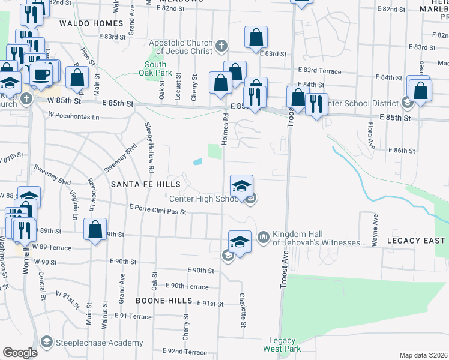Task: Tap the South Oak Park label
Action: point(155,69)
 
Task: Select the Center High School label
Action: point(205,199)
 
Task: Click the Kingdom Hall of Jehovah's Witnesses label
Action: point(319,238)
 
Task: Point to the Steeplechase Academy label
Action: point(100,343)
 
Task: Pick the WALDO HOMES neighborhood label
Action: point(91,24)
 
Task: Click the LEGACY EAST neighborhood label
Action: point(417,241)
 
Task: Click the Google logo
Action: point(20,353)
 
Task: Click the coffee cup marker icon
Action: point(41,74)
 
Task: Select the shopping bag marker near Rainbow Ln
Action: point(95,229)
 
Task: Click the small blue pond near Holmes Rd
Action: point(197,161)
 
